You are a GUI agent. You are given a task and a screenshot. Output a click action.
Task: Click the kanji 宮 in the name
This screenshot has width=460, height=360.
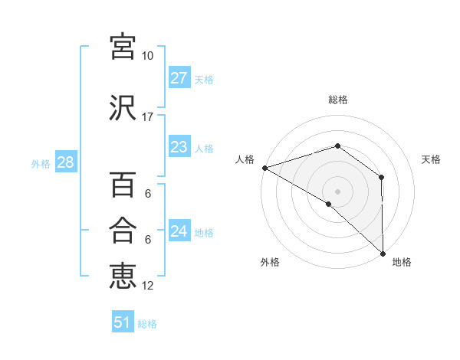coord(123,47)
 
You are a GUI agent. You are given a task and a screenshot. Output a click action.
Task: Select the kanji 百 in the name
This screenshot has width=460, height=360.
coord(123,186)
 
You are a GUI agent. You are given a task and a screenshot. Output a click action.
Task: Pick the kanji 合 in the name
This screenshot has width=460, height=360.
coord(123,231)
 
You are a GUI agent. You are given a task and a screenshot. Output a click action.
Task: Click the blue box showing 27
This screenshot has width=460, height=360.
coord(179,78)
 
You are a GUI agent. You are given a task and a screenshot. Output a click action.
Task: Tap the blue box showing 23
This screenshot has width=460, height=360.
coord(179,147)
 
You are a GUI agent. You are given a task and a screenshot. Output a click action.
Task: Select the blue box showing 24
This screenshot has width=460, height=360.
coord(179,231)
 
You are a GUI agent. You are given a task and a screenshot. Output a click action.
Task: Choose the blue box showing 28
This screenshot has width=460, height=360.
coord(65,162)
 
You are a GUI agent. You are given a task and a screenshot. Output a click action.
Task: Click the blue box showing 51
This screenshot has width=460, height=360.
coord(123,322)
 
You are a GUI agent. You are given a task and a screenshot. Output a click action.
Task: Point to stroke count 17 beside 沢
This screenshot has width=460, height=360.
coord(148,117)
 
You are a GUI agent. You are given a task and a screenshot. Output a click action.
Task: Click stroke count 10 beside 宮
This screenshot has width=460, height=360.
coord(147,56)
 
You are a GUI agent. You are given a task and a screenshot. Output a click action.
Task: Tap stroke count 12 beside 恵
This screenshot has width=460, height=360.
coord(148,286)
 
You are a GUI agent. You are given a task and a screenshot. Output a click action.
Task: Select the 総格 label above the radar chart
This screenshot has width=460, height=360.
coord(337,100)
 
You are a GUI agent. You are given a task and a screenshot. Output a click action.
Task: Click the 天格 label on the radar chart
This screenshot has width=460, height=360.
coord(432,159)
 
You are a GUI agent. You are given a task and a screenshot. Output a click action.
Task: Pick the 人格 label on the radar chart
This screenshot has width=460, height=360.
coord(245,159)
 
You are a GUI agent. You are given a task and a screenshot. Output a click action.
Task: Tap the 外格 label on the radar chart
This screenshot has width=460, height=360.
coord(270,262)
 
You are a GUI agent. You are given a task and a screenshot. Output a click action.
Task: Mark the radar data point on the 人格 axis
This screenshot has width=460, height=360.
coord(264,168)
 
